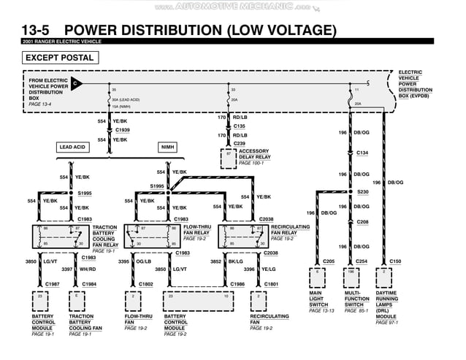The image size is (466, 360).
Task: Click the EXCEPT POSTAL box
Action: [x=60, y=58]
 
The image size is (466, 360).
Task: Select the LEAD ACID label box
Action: [x=77, y=147]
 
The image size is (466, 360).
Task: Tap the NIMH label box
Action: [x=168, y=147]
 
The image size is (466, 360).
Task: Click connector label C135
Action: [x=239, y=126]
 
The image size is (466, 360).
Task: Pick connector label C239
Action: [x=239, y=144]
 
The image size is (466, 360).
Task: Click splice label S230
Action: [x=363, y=191]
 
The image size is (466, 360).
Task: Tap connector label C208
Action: [x=363, y=221]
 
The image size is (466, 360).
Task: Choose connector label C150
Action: [x=395, y=261]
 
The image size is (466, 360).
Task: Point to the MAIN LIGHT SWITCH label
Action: [x=320, y=299]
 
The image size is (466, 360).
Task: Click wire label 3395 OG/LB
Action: [x=135, y=261]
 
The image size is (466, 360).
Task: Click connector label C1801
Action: [x=271, y=283]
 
